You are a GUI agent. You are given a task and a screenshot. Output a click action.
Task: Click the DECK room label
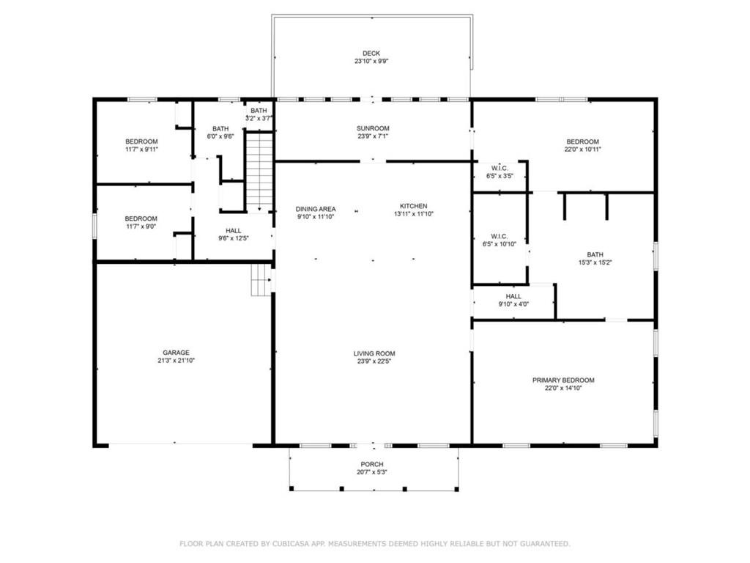coord(371,54)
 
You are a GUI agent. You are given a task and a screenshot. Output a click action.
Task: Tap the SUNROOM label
coord(373,128)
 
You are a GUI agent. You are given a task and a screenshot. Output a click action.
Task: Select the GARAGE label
coord(176,353)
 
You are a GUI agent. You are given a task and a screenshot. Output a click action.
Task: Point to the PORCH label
coord(372,464)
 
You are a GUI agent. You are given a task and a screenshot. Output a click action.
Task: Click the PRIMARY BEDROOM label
coord(563,380)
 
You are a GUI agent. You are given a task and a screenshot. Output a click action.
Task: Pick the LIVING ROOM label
coord(374,354)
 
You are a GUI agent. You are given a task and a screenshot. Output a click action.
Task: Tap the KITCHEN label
coord(414,206)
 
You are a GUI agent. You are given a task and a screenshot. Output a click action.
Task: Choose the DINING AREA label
coord(316,209)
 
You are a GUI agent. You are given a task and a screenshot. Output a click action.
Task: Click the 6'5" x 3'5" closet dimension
coord(500,176)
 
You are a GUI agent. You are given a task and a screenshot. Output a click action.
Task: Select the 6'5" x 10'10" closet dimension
coord(500,244)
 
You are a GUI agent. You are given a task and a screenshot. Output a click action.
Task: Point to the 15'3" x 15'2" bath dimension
coord(595,262)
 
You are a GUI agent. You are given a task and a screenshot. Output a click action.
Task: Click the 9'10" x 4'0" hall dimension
coord(513,304)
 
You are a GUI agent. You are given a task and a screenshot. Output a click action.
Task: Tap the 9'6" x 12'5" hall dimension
coord(234,238)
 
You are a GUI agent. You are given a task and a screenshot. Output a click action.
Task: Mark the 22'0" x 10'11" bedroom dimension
coord(582,150)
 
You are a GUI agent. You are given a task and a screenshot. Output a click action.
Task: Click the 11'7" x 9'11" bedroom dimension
coord(141,150)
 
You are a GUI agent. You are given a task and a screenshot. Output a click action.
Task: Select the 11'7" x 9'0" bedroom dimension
coord(141,227)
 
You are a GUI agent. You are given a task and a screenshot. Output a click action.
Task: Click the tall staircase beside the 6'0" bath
coord(259,172)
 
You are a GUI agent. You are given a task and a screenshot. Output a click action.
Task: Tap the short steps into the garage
coord(261,279)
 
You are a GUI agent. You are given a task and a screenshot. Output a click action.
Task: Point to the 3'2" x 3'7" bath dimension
coord(259,118)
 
